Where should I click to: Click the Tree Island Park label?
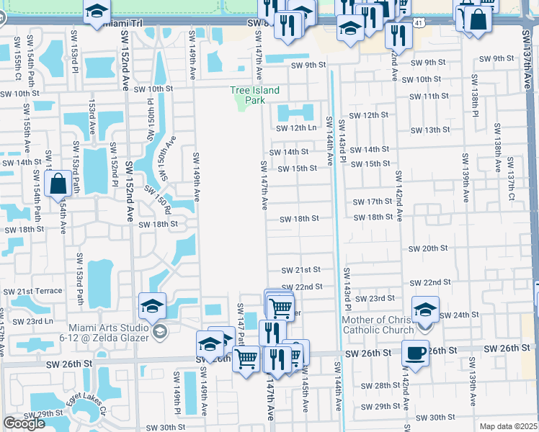[x=254, y=96]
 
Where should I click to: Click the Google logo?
[x=23, y=423]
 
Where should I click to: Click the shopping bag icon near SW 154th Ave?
[x=58, y=184]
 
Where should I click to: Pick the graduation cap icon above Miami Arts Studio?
[x=153, y=307]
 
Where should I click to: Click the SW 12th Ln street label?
[x=297, y=128]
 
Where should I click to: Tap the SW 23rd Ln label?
[x=34, y=322]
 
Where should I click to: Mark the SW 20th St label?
[x=428, y=248]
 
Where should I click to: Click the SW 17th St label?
[x=372, y=202]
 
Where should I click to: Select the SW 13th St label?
[x=430, y=130]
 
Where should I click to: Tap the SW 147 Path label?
[x=241, y=320]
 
